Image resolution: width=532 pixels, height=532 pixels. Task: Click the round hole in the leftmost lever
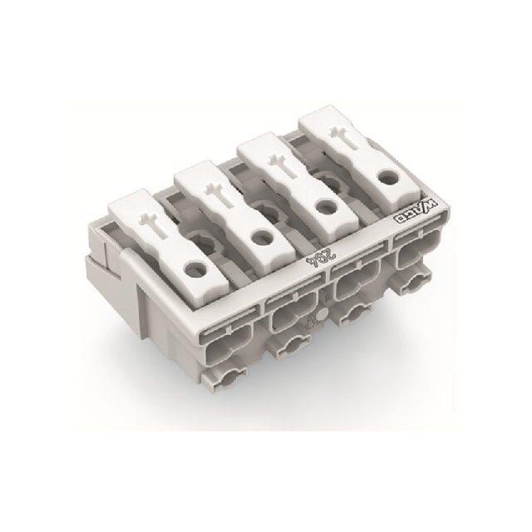tap(195, 269)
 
